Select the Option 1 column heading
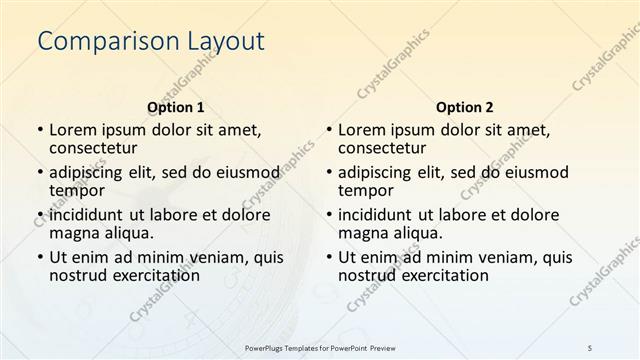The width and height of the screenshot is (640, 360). click(176, 107)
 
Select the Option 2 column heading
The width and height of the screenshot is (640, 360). click(465, 107)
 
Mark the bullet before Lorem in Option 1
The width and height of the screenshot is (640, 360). click(40, 130)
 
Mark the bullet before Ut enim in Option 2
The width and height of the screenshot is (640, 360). click(329, 257)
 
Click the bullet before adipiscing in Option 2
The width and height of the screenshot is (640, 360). click(329, 172)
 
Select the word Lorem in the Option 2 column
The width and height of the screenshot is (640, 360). click(361, 130)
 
